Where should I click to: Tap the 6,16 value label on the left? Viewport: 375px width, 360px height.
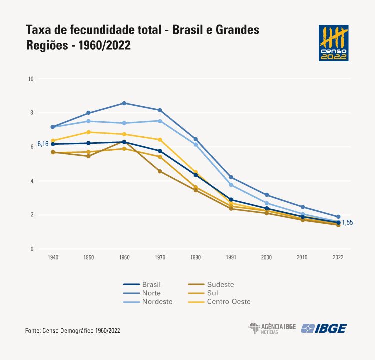(x=43, y=144)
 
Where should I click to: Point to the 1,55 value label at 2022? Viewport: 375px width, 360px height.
(x=347, y=223)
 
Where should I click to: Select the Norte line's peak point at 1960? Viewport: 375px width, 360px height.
(x=124, y=103)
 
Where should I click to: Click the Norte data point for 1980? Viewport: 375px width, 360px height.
(x=196, y=139)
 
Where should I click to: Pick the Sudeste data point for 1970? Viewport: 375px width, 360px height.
(x=160, y=171)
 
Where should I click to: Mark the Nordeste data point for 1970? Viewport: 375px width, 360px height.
(x=160, y=121)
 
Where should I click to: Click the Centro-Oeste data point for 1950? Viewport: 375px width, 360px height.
(x=89, y=132)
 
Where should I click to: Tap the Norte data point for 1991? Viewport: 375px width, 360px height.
(x=231, y=177)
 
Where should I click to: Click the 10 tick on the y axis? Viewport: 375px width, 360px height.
(x=31, y=79)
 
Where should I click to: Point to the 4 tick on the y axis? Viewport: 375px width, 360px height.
(x=31, y=181)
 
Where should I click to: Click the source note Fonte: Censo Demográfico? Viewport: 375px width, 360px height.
(x=72, y=331)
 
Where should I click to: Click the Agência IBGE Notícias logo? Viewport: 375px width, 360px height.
(x=272, y=328)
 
